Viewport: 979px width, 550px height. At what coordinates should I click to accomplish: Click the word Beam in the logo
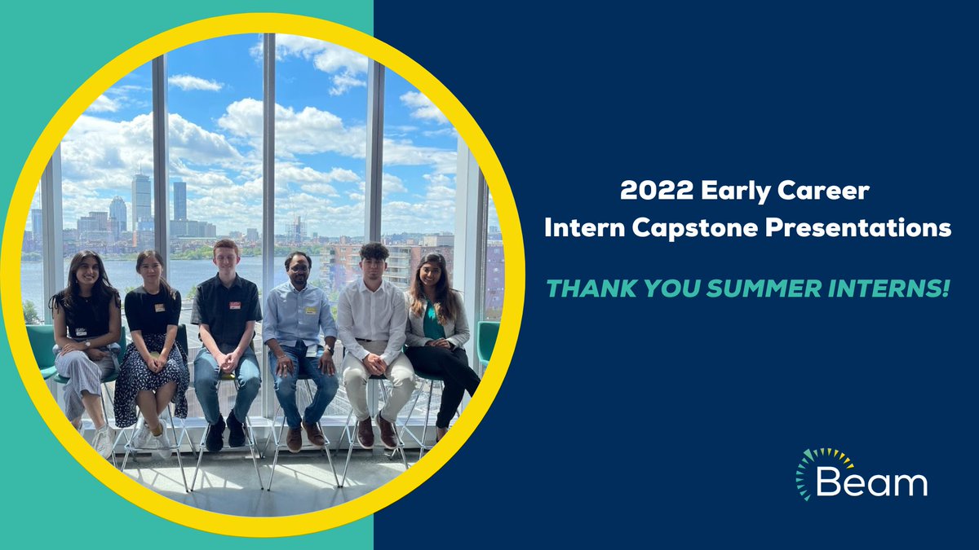[871, 483]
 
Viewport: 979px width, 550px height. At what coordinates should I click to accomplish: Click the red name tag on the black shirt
[235, 306]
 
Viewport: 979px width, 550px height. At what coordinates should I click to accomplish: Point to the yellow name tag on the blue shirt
[310, 310]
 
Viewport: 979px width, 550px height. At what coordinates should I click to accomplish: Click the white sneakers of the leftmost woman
[104, 442]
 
